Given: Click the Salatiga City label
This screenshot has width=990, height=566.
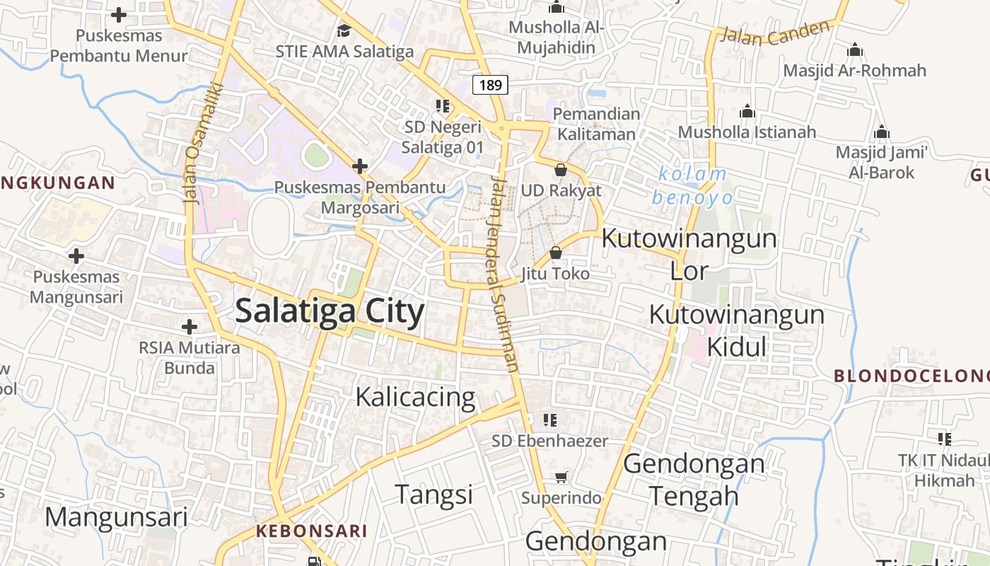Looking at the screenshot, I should coord(330,311).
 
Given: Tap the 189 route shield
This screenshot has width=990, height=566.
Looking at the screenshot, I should coord(490,86).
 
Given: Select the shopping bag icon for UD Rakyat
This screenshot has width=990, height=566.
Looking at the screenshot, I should coord(561,170).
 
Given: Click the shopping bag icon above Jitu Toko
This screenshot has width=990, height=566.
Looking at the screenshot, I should coord(556,252).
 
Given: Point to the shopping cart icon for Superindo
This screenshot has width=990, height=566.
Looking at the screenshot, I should coord(561,478).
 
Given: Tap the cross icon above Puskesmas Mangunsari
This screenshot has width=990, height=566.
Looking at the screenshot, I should coord(76,256).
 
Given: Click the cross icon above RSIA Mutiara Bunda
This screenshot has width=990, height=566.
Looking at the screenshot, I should coord(189,327).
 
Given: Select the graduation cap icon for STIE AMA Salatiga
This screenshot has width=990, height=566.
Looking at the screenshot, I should coord(344,30).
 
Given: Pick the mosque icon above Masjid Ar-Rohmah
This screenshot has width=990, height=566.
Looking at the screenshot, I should coord(855,50).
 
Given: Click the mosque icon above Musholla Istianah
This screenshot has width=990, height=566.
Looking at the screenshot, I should coord(747,111).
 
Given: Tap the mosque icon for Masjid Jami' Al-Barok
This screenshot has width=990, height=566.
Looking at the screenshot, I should coord(881,132).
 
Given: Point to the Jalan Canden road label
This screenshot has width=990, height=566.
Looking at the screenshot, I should coord(774,33).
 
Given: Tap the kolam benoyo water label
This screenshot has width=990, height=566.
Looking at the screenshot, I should coord(691,185).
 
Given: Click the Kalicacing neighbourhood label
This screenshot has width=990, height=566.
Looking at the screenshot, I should coord(415,397).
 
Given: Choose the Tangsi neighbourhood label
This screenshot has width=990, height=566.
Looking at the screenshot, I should coord(433,494).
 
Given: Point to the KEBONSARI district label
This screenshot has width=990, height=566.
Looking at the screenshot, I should coord(312,531).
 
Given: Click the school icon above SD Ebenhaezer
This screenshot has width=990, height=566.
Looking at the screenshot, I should coord(550,420).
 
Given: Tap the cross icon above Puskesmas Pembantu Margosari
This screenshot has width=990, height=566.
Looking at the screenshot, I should coord(361,167).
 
